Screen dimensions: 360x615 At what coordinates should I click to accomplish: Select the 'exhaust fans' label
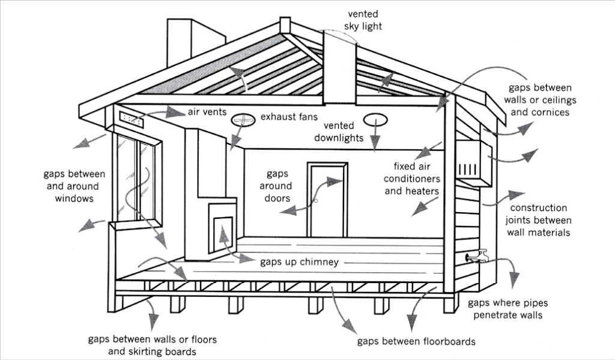pos(289,116)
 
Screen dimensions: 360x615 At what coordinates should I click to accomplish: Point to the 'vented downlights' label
pos(343,132)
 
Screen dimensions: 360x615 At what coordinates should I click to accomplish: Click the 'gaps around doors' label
pos(277,186)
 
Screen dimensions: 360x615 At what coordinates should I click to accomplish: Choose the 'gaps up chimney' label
pos(299,262)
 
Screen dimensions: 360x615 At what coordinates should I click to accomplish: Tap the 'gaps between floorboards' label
pos(416,341)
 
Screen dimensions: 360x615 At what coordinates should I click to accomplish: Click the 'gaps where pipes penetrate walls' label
pos(507,309)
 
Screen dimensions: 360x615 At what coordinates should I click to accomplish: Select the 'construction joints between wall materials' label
pos(538,220)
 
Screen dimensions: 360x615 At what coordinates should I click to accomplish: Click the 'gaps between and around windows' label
pos(74,186)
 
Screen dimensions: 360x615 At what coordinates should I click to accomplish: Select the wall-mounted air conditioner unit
pos(473,161)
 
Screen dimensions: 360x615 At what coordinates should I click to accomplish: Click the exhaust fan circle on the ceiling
pos(243,120)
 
